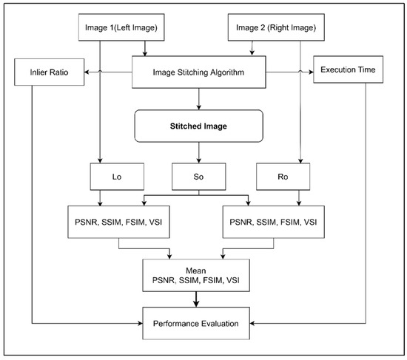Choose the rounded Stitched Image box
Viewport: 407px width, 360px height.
[198, 126]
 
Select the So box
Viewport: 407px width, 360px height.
[198, 178]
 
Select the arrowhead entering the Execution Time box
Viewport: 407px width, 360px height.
[311, 72]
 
